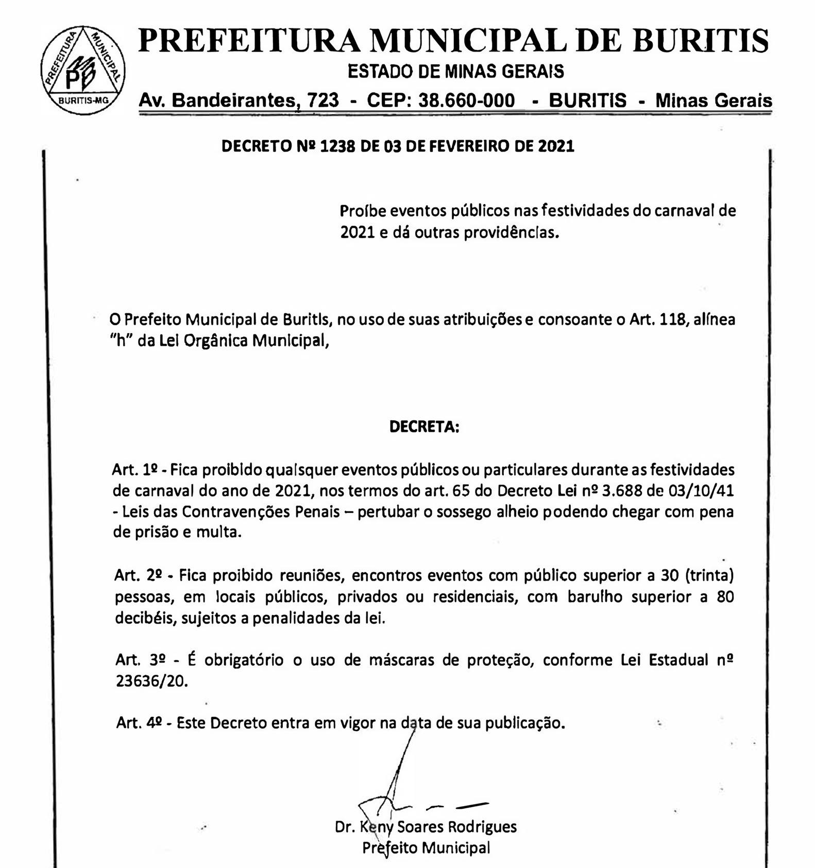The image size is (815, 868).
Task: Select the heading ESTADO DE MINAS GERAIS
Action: click(455, 71)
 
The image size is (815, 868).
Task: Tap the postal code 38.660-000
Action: click(466, 100)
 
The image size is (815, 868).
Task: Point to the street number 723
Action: click(323, 100)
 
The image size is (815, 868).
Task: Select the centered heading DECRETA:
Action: click(424, 427)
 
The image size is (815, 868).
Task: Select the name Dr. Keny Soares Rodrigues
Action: click(426, 827)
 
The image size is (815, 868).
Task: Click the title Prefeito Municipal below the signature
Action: click(426, 848)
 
